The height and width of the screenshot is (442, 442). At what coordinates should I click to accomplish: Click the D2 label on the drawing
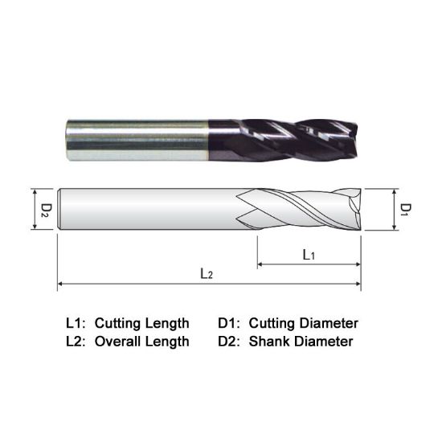click(x=46, y=210)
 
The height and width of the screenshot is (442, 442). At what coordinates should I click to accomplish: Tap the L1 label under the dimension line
click(x=308, y=254)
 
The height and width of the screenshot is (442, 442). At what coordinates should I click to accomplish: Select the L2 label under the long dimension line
click(x=207, y=274)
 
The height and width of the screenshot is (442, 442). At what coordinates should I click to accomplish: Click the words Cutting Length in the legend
click(x=142, y=323)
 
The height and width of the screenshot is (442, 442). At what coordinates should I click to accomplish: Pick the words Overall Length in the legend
click(x=142, y=341)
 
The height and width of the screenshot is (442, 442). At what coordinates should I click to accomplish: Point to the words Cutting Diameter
click(x=303, y=323)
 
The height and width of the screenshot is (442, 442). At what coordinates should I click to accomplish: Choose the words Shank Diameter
click(x=301, y=341)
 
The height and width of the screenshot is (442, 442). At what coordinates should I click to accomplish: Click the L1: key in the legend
click(x=76, y=323)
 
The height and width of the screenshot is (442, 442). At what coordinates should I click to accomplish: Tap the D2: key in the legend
click(x=230, y=341)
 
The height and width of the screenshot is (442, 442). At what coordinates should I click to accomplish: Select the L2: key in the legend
click(x=76, y=341)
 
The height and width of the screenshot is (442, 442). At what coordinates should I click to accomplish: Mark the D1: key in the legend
click(x=230, y=323)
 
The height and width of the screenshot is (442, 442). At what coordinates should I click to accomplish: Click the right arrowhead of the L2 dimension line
click(x=357, y=283)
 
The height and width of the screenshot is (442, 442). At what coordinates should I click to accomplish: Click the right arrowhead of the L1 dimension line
click(x=357, y=264)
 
